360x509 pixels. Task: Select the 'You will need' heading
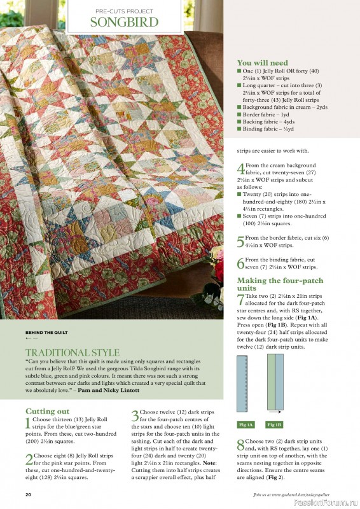pyautogui.click(x=262, y=63)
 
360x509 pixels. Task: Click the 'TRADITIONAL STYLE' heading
pyautogui.click(x=73, y=352)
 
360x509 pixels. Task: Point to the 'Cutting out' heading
pyautogui.click(x=48, y=412)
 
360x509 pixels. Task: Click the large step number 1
pyautogui.click(x=28, y=423)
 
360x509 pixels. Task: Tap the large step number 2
pyautogui.click(x=29, y=459)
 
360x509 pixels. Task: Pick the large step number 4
pyautogui.click(x=240, y=169)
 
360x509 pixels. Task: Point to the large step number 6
pyautogui.click(x=240, y=263)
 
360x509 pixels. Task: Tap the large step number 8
pyautogui.click(x=240, y=444)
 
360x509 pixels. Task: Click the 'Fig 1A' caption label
pyautogui.click(x=246, y=424)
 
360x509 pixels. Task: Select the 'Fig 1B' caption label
pyautogui.click(x=275, y=424)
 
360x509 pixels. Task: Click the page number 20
pyautogui.click(x=29, y=494)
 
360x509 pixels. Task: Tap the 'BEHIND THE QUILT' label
pyautogui.click(x=46, y=332)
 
